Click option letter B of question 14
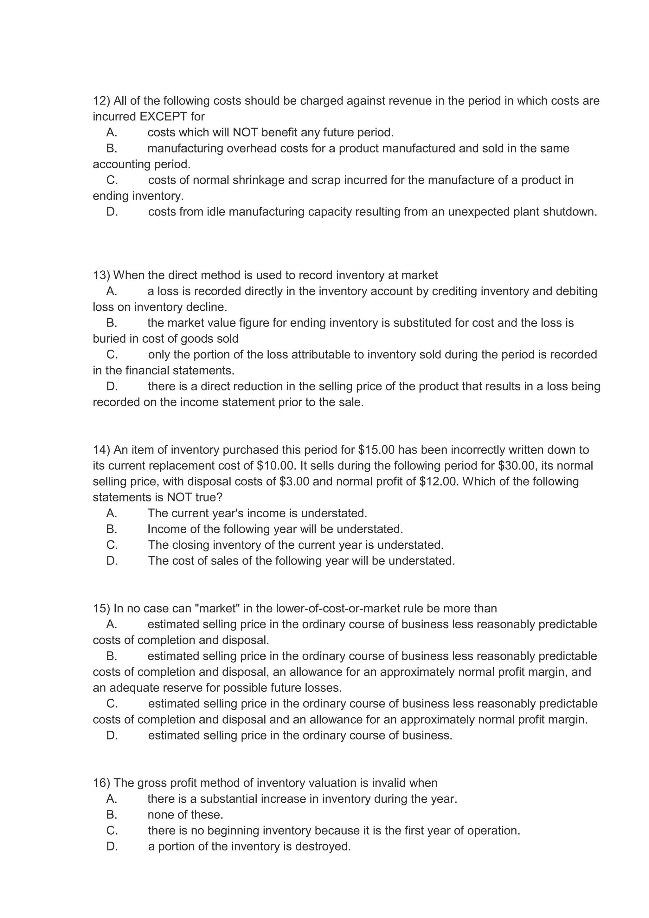click(112, 529)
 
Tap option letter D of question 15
click(112, 736)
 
